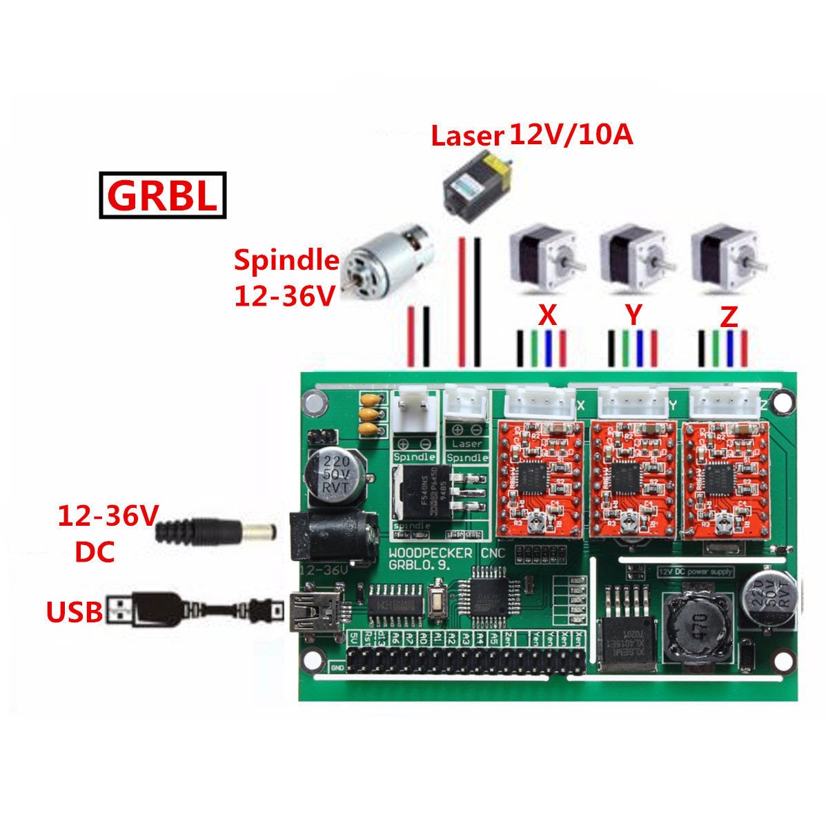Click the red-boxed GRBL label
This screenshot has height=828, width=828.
163,195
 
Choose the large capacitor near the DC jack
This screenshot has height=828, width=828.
337,476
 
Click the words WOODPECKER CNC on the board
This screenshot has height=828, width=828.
447,553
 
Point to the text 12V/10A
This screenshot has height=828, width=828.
571,135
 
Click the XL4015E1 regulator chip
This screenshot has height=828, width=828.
624,638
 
